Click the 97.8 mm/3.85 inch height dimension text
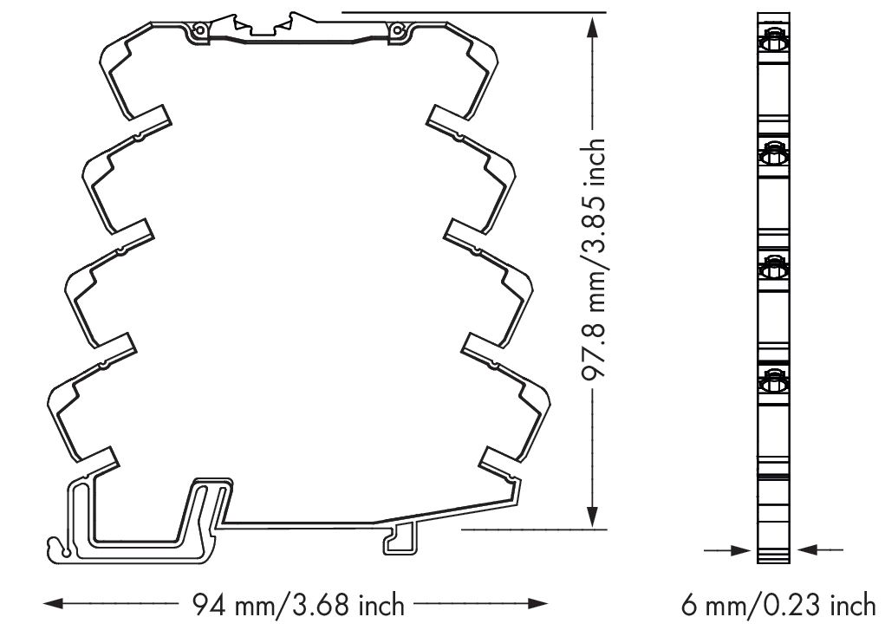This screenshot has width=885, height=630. tap(593, 259)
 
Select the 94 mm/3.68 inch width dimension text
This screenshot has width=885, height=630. tap(298, 605)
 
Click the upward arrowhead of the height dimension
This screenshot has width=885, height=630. tap(592, 28)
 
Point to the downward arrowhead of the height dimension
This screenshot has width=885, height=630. tap(592, 516)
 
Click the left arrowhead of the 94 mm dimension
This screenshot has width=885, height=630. tap(54, 604)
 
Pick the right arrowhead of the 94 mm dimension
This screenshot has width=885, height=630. tap(538, 604)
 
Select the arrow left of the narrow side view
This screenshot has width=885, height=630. tap(729, 549)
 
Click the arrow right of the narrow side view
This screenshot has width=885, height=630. tap(819, 549)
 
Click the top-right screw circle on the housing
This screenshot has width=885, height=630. tap(397, 30)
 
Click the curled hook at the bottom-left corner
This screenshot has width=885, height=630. tap(59, 548)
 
